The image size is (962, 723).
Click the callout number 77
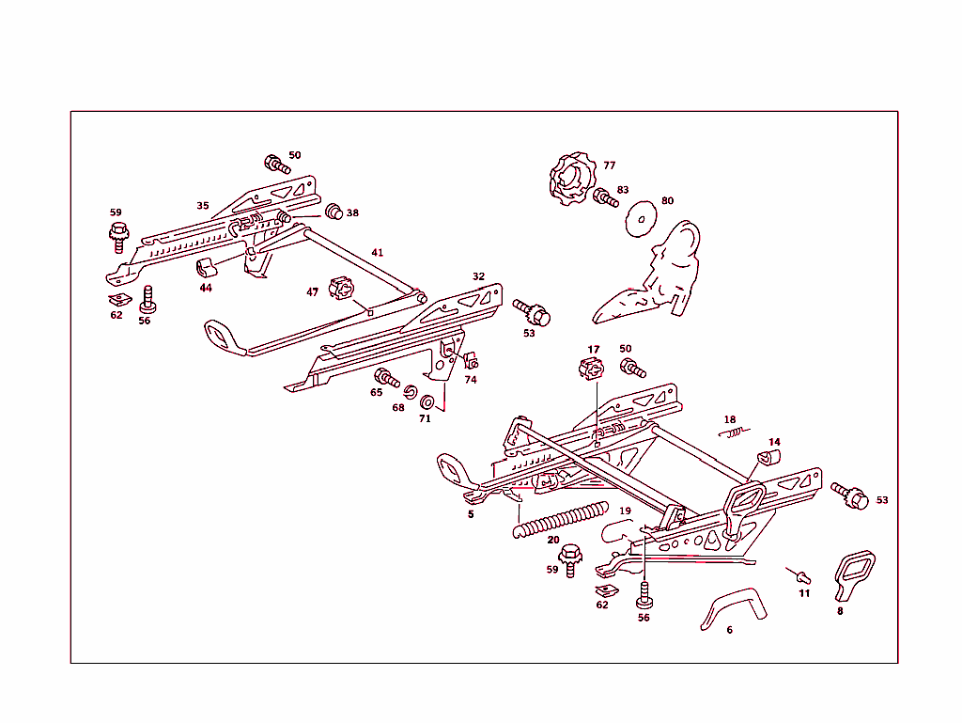pyautogui.click(x=610, y=165)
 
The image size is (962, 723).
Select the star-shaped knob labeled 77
pyautogui.click(x=570, y=181)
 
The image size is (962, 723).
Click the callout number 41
pyautogui.click(x=377, y=253)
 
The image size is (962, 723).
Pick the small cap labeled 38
pyautogui.click(x=334, y=211)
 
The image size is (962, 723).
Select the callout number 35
pyautogui.click(x=203, y=205)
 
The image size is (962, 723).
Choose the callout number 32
pyautogui.click(x=479, y=276)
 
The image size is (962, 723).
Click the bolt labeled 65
pyautogui.click(x=386, y=378)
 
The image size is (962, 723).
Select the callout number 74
pyautogui.click(x=471, y=380)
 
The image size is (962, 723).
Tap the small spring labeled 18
pyautogui.click(x=734, y=432)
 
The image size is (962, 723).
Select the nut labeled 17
pyautogui.click(x=591, y=368)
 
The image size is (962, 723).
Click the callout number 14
pyautogui.click(x=774, y=441)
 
